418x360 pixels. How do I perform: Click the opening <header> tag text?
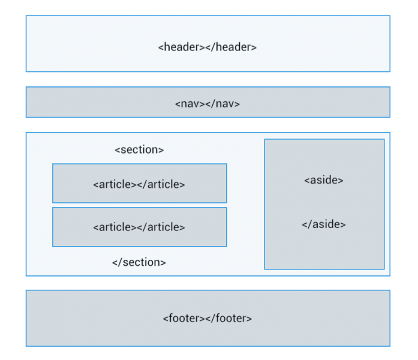click(x=181, y=47)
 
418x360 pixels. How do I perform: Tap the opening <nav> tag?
click(x=190, y=103)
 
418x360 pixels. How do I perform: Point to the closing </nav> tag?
click(x=222, y=103)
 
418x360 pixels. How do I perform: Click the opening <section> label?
click(x=139, y=150)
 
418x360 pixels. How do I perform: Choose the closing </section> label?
click(x=139, y=262)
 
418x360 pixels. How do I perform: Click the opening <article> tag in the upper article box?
click(x=115, y=184)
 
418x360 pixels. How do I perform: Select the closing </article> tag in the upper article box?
click(x=161, y=184)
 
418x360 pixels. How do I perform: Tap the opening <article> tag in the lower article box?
click(x=115, y=227)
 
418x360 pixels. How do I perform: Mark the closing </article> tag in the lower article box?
click(x=161, y=227)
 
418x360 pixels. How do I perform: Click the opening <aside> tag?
click(x=324, y=180)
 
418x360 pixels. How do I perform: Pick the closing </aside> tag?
click(x=324, y=224)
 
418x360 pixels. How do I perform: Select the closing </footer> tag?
click(x=228, y=318)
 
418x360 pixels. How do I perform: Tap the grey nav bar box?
click(x=90, y=103)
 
